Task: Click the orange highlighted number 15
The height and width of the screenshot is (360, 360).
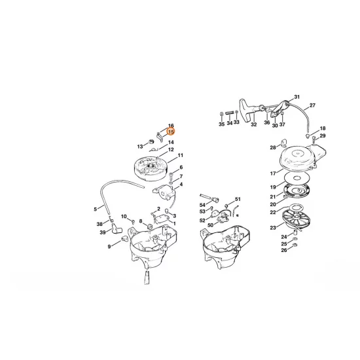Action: click(x=171, y=132)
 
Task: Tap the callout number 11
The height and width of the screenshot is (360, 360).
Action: click(x=180, y=155)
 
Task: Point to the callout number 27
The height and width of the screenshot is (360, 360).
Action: click(x=312, y=105)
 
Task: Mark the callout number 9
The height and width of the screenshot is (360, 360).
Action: click(x=109, y=246)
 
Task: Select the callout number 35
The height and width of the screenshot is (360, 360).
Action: click(x=221, y=124)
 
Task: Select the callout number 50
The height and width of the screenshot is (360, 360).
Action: click(x=210, y=225)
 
